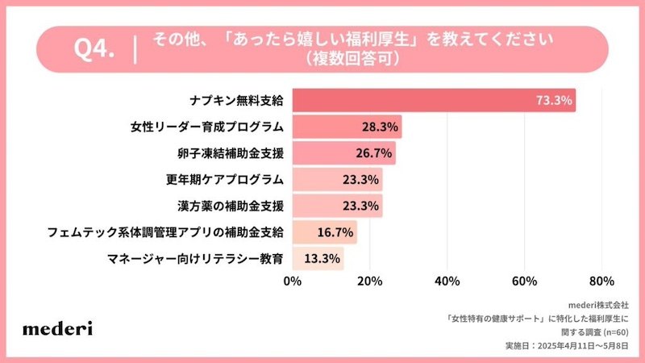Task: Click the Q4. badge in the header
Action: pos(94,48)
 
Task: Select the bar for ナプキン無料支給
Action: pos(434,101)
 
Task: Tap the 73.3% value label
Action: pos(554,101)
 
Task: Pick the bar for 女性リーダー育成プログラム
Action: pos(347,127)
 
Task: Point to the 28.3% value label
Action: pos(379,127)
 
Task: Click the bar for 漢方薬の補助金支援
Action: pos(337,205)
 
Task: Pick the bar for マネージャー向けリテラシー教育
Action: pos(318,258)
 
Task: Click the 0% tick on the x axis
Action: pos(293,282)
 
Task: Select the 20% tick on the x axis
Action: pos(370,282)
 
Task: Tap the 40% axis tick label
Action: pos(447,282)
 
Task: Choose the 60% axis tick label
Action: pos(524,282)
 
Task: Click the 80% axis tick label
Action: pos(601,282)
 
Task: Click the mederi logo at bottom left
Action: pos(57,328)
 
